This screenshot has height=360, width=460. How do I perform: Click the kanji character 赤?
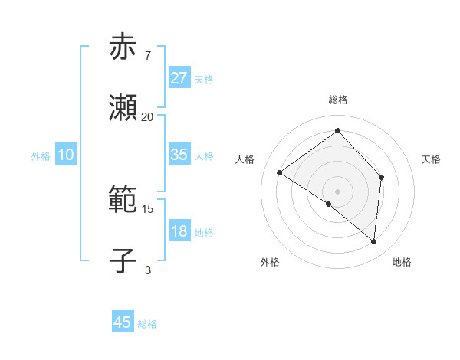point(123,48)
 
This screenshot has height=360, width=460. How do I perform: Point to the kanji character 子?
point(123,260)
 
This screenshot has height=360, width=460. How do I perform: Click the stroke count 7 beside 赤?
point(147,56)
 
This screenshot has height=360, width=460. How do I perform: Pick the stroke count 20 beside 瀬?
point(147,116)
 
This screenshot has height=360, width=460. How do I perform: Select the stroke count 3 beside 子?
point(147,269)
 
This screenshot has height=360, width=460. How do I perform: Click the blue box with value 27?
point(179,77)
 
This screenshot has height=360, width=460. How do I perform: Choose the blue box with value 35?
point(179,155)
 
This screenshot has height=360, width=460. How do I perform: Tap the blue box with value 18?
point(179,231)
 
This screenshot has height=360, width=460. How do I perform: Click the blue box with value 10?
point(66,155)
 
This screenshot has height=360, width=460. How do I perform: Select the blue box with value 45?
point(123,322)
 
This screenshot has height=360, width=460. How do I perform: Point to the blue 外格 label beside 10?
point(41,156)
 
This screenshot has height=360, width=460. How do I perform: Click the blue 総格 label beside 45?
point(147,324)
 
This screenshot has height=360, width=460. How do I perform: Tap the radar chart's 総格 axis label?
point(337,100)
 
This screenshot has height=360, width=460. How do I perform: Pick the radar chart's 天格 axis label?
point(431,159)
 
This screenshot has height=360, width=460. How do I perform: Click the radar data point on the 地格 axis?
point(373,241)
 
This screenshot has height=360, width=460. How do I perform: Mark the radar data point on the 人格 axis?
point(280,172)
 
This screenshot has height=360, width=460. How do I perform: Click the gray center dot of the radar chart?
point(337,191)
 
